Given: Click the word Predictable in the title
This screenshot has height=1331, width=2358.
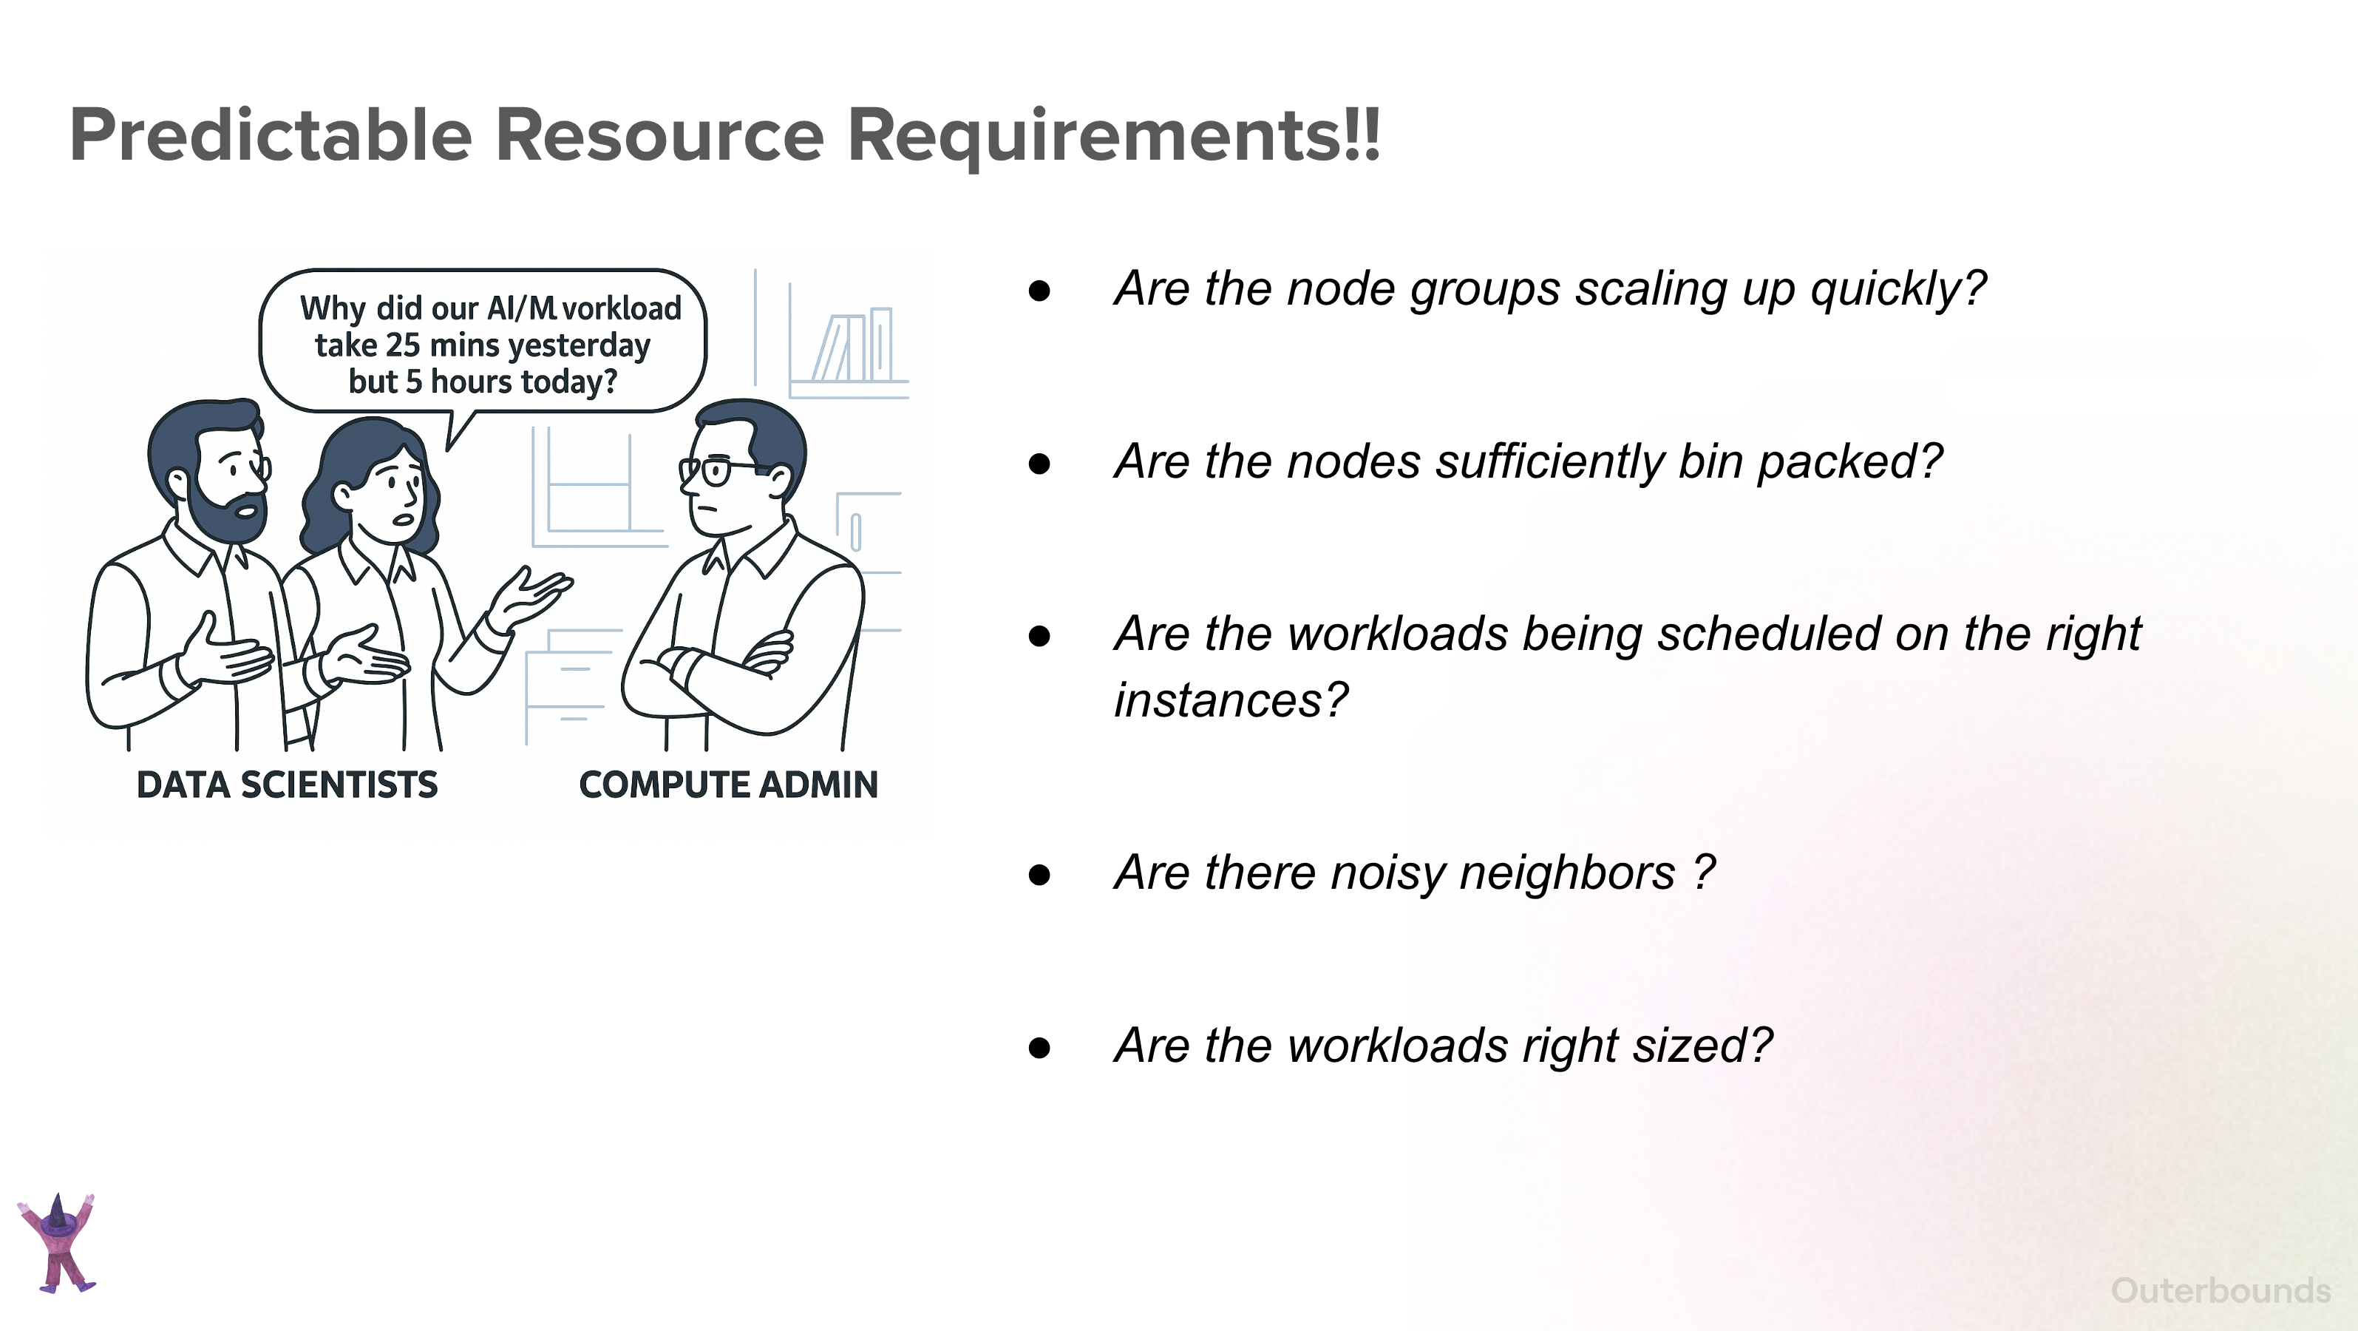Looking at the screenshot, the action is (271, 135).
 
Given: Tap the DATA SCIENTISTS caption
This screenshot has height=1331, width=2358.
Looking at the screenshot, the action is (288, 785).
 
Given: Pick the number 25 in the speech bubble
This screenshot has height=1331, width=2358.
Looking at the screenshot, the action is (403, 345).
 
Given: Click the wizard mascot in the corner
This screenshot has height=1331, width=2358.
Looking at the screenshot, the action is (58, 1242).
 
